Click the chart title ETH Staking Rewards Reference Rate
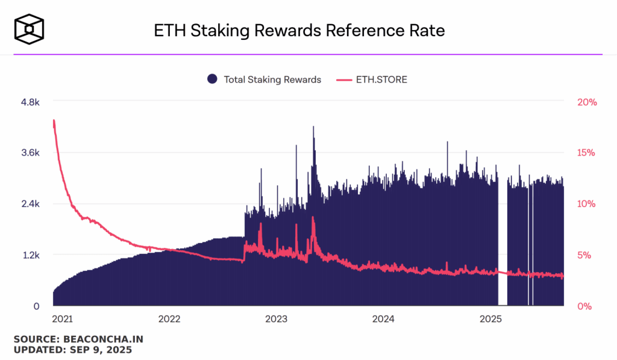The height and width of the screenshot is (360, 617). (x=299, y=31)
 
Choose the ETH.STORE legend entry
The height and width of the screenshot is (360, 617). (x=372, y=79)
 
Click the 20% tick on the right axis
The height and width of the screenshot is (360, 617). (x=586, y=102)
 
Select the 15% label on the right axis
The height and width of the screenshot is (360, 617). (x=586, y=153)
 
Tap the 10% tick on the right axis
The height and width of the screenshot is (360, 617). (x=586, y=204)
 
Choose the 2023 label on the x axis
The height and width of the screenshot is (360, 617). (x=277, y=318)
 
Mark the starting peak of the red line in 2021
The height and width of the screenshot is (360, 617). (x=54, y=121)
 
